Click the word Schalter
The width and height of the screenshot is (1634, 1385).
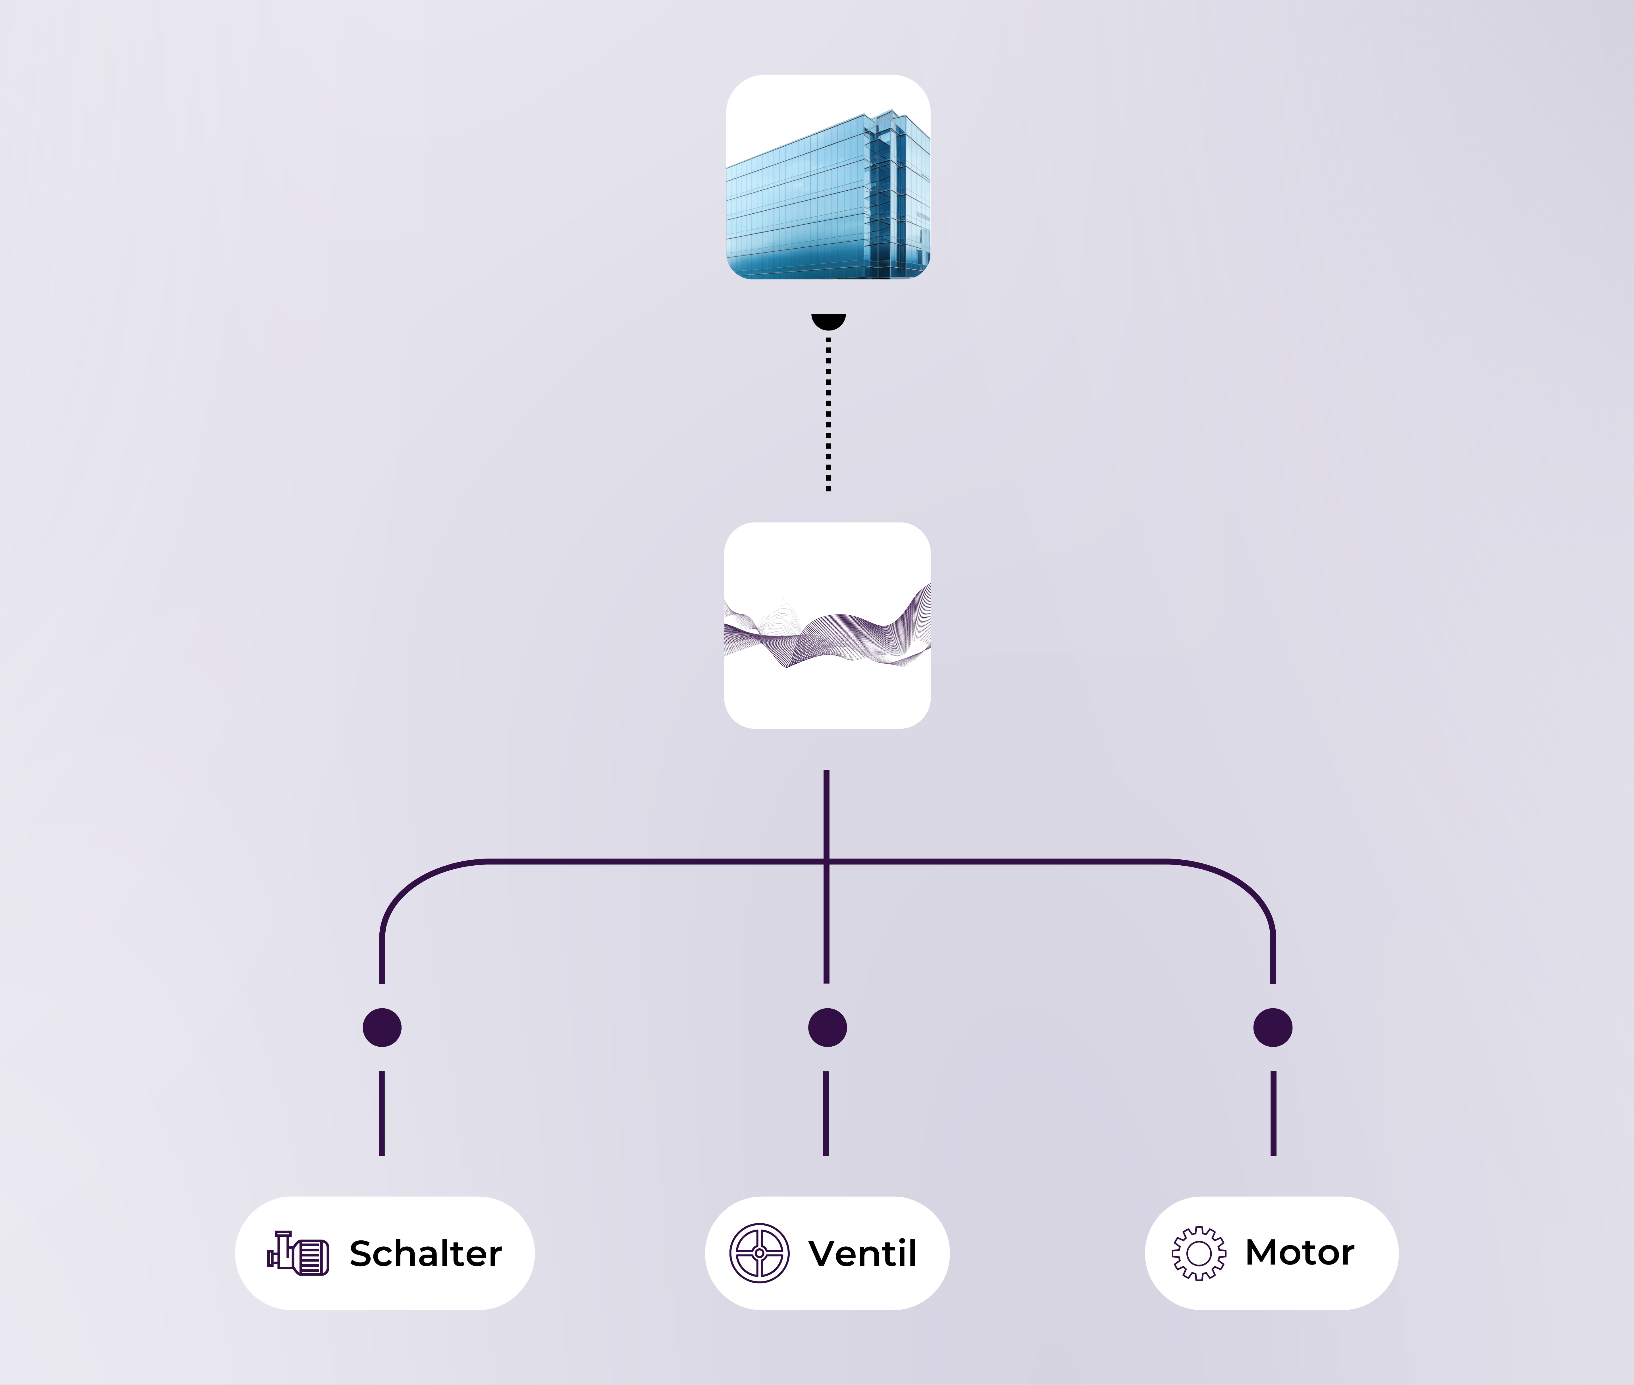[425, 1254]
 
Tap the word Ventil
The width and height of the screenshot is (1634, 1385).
[862, 1254]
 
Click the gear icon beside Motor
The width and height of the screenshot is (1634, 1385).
[1198, 1254]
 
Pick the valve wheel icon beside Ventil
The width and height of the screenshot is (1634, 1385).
[759, 1254]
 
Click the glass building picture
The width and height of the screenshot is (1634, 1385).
[828, 178]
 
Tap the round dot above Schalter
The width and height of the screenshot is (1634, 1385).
[382, 1028]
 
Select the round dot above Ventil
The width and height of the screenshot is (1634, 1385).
[828, 1028]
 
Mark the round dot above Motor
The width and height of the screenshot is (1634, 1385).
[1273, 1028]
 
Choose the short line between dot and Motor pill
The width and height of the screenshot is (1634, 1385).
[1273, 1113]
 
